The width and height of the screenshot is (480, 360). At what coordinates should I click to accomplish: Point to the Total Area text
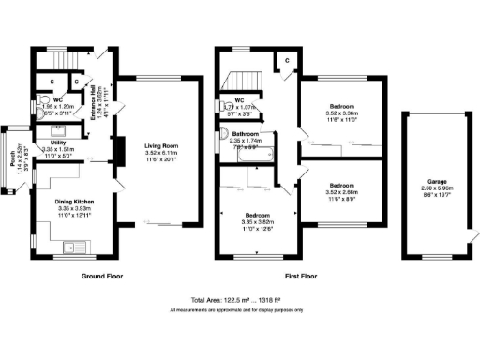pos(239,299)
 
